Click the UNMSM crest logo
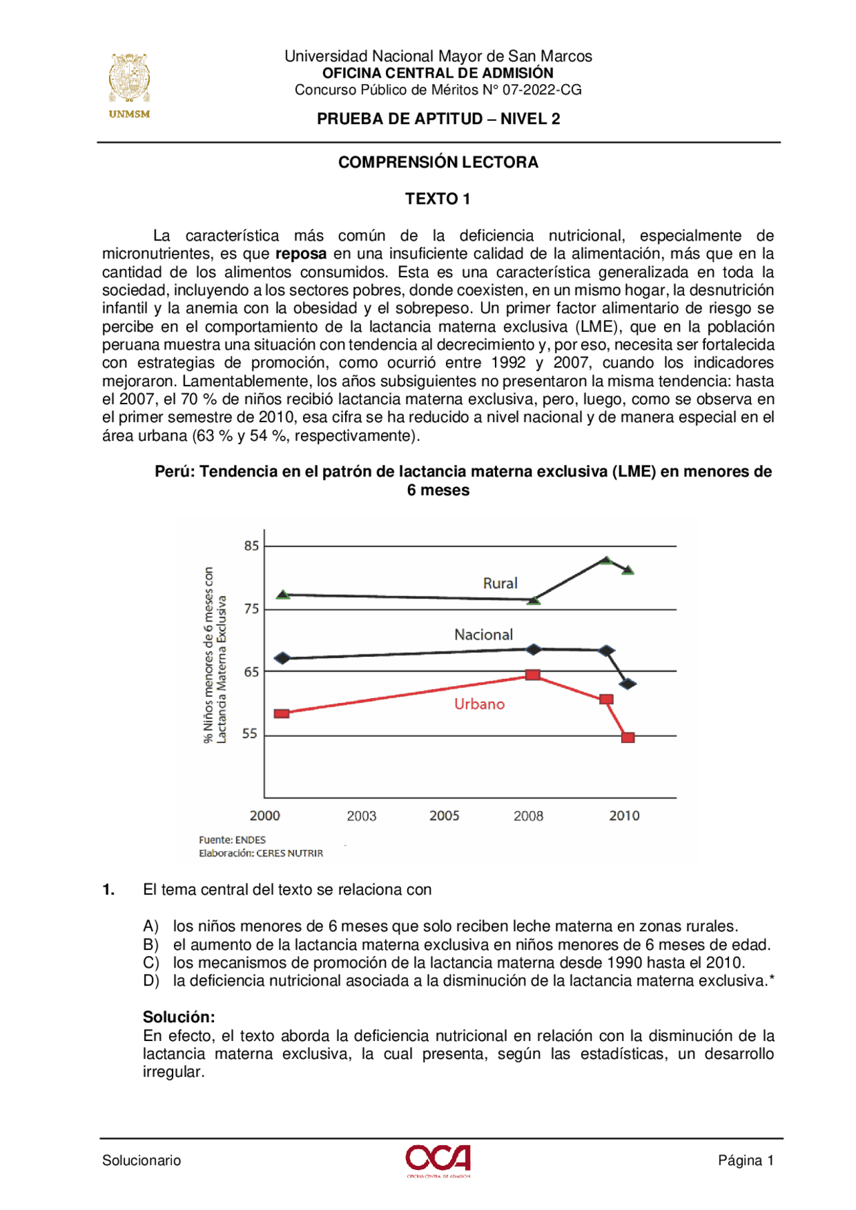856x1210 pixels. pyautogui.click(x=129, y=80)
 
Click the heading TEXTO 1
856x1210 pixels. pyautogui.click(x=437, y=199)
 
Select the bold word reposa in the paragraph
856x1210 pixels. pyautogui.click(x=301, y=254)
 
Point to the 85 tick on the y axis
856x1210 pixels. pyautogui.click(x=251, y=546)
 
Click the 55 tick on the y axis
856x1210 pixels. pyautogui.click(x=249, y=734)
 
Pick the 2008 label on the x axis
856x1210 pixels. pyautogui.click(x=528, y=816)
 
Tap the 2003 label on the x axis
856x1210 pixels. pyautogui.click(x=361, y=816)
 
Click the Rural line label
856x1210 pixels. pyautogui.click(x=500, y=583)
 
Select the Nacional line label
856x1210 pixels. pyautogui.click(x=484, y=635)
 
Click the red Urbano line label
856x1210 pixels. pyautogui.click(x=479, y=704)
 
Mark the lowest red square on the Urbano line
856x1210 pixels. pyautogui.click(x=628, y=738)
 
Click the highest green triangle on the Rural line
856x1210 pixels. pyautogui.click(x=606, y=561)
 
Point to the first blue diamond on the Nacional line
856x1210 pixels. pyautogui.click(x=282, y=658)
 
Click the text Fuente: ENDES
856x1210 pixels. pyautogui.click(x=232, y=840)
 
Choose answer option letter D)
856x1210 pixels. pyautogui.click(x=150, y=981)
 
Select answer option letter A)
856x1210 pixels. pyautogui.click(x=150, y=926)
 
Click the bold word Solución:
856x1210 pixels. pyautogui.click(x=179, y=1017)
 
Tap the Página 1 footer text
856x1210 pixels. pyautogui.click(x=746, y=1161)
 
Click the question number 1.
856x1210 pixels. pyautogui.click(x=108, y=890)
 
